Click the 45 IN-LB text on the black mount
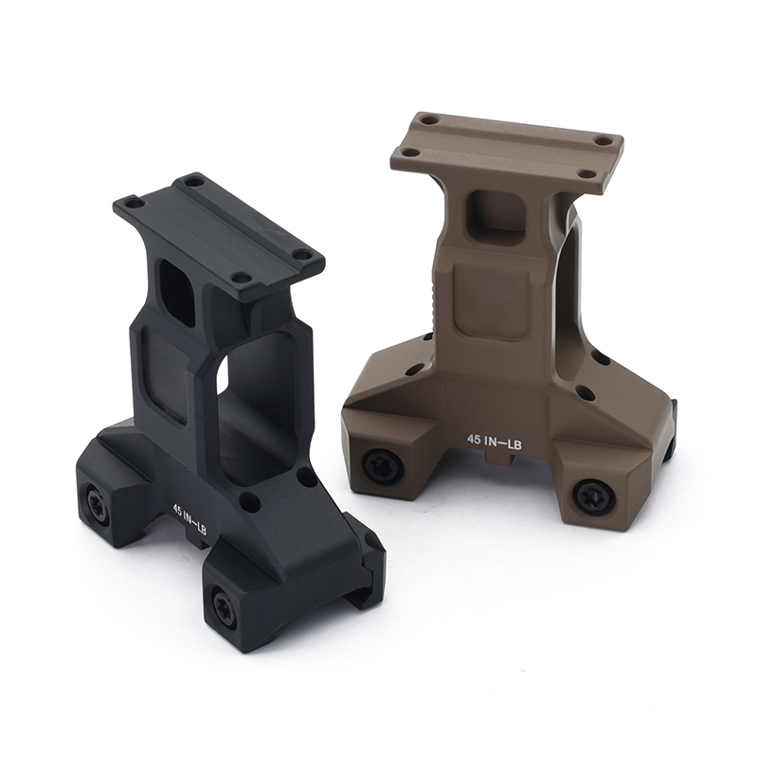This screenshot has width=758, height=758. [x=189, y=520]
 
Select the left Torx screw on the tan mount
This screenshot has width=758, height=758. [x=383, y=465]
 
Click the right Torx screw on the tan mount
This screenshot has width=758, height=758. [x=593, y=496]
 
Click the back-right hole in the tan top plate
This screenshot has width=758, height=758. [x=604, y=140]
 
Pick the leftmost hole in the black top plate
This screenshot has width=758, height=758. [x=135, y=202]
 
